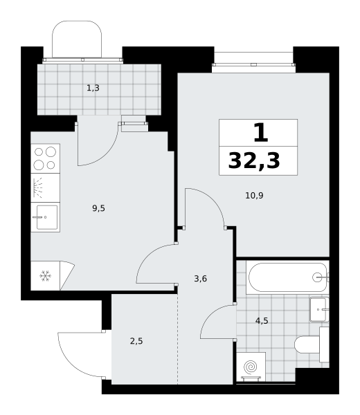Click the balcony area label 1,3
(93, 88)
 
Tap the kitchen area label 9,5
(98, 208)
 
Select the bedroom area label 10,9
(254, 196)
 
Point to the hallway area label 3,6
(200, 279)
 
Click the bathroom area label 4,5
(262, 321)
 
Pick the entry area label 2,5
(136, 341)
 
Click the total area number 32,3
(254, 160)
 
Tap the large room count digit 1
(261, 133)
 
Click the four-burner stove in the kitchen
(45, 158)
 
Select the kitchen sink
(46, 217)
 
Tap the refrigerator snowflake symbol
(45, 276)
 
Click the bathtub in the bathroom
(288, 277)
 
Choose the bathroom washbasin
(319, 309)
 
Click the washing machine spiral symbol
(251, 367)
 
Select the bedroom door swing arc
(213, 200)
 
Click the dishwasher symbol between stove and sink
(38, 188)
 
